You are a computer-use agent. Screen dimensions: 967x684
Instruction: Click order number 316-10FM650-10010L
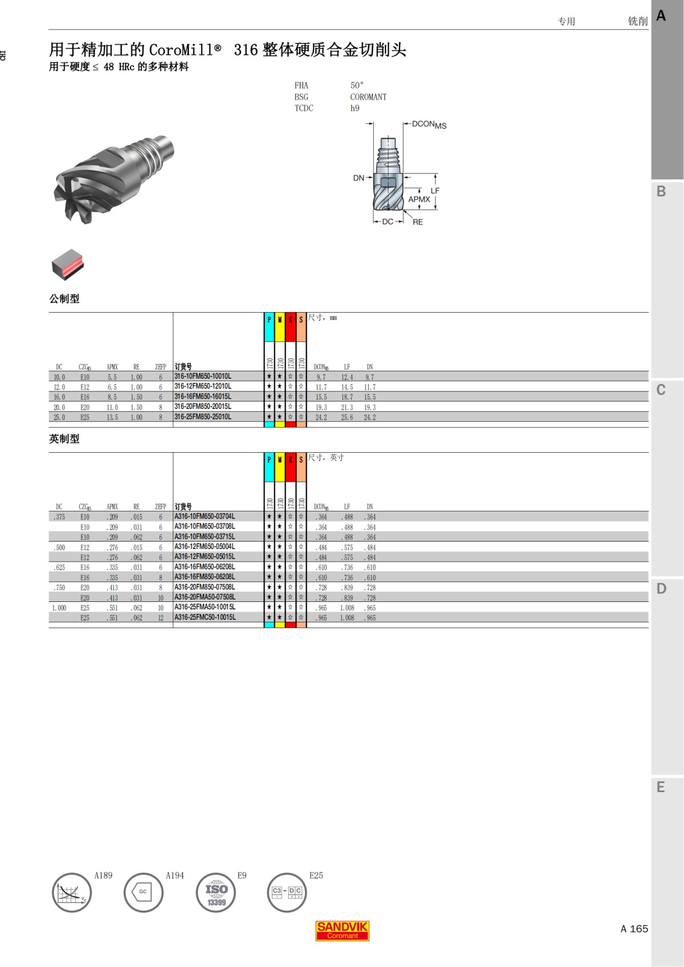(x=203, y=376)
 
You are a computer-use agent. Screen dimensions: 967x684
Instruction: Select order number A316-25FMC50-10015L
(x=205, y=617)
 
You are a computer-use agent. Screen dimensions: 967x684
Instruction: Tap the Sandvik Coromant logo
(x=342, y=931)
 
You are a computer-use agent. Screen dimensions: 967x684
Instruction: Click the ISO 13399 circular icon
(x=216, y=893)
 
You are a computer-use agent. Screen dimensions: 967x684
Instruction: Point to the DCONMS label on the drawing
(x=429, y=124)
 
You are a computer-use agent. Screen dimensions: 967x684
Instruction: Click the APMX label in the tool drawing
(x=419, y=199)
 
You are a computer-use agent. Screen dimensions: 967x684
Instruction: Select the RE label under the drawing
(x=418, y=222)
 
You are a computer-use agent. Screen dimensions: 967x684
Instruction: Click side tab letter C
(x=661, y=390)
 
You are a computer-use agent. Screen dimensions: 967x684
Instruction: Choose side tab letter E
(x=661, y=787)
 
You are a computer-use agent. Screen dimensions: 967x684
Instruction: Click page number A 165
(x=634, y=929)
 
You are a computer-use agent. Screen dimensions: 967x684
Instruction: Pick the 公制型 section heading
(x=64, y=299)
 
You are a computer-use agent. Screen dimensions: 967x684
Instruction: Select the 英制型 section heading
(x=64, y=439)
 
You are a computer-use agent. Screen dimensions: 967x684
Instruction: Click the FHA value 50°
(x=357, y=85)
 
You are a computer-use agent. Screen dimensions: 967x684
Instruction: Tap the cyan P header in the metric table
(x=269, y=320)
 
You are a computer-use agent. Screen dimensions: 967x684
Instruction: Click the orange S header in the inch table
(x=301, y=460)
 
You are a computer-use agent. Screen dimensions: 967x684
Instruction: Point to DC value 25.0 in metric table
(x=59, y=417)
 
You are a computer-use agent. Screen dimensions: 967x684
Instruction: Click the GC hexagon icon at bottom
(x=143, y=892)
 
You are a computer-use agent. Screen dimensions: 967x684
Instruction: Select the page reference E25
(x=316, y=875)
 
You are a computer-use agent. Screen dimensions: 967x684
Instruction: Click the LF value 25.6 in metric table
(x=347, y=417)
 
